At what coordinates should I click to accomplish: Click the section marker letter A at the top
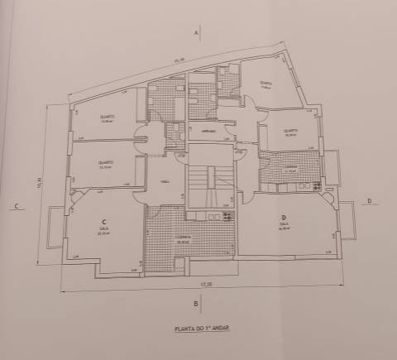click(197, 33)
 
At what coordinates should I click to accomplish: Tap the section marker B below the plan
click(195, 305)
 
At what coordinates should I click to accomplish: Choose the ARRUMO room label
click(209, 132)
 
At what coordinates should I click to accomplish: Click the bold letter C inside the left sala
click(103, 222)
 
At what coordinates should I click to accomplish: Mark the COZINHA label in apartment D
click(289, 166)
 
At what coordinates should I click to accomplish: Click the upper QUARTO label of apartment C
click(106, 117)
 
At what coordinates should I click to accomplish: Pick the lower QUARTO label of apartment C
click(105, 162)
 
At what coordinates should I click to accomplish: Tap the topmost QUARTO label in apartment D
click(264, 83)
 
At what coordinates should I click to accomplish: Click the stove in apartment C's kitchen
click(218, 217)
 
